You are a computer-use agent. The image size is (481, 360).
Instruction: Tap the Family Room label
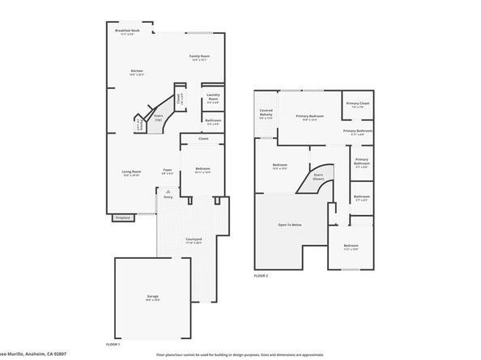[199, 56]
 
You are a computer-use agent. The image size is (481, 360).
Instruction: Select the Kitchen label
[137, 71]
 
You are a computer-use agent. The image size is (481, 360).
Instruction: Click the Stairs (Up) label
[157, 116]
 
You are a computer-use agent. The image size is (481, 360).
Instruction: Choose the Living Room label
[132, 172]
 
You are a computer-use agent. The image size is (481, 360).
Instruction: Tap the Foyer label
[168, 170]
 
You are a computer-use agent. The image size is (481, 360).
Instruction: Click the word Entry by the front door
[168, 197]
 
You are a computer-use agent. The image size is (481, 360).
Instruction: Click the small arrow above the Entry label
[168, 190]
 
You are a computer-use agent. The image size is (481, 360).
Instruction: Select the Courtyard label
[194, 239]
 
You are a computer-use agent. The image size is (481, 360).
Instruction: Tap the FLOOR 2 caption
[260, 275]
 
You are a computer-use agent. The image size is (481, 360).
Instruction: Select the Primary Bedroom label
[309, 116]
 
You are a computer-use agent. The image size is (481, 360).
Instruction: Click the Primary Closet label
[357, 104]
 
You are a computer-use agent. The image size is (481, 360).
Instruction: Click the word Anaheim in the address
[41, 354]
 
